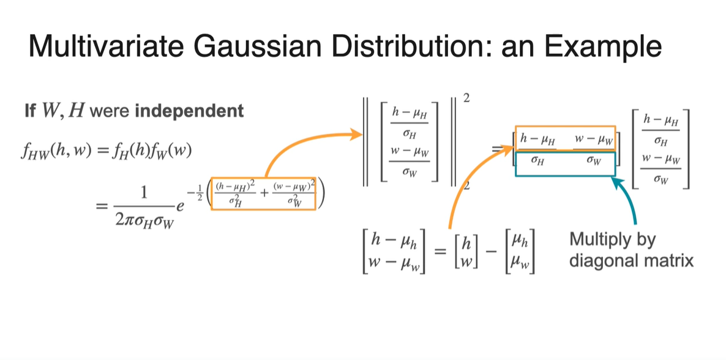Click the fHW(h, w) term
pos(56,149)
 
